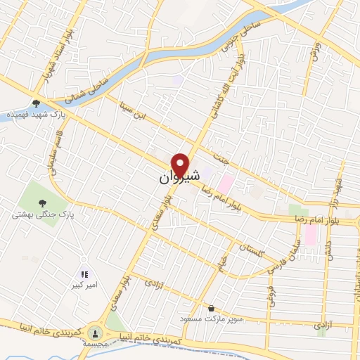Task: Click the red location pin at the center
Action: (x=181, y=165)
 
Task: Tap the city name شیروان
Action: (x=180, y=177)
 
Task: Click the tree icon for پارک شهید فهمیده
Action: (x=36, y=104)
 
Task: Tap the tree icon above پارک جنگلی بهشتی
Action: (x=37, y=201)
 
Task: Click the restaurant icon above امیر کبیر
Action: (x=84, y=275)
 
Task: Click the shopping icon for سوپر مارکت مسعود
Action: (x=212, y=308)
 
